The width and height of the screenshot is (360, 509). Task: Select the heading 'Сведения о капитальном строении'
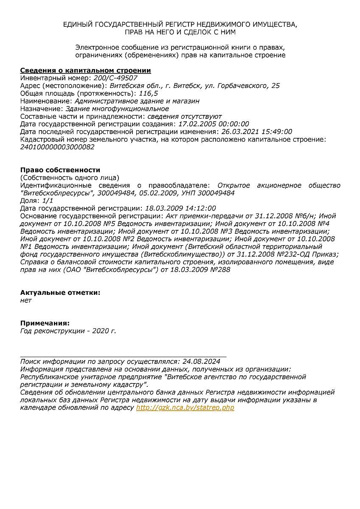(86, 70)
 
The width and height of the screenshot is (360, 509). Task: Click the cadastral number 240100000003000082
(57, 147)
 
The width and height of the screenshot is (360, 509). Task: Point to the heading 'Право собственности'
(60, 170)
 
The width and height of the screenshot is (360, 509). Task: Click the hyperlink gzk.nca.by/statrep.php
(185, 408)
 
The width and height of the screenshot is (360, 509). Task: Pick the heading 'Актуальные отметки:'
(60, 293)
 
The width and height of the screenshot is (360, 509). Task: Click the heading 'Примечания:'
(45, 323)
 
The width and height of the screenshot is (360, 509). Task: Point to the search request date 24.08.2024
(201, 361)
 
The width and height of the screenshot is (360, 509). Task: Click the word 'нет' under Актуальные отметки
(26, 300)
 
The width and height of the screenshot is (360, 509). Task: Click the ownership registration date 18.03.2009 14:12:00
(180, 208)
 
